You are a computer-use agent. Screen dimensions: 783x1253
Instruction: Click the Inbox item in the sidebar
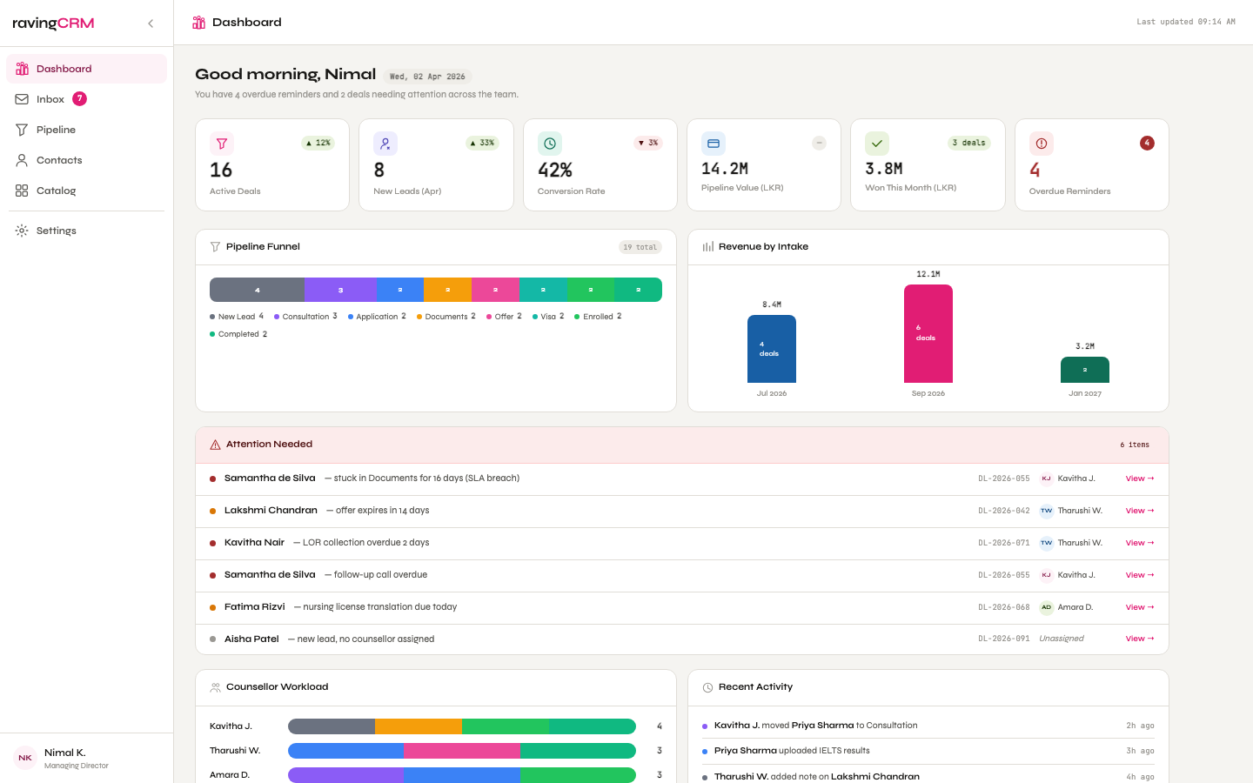pos(50,99)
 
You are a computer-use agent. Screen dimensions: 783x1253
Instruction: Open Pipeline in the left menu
pos(56,130)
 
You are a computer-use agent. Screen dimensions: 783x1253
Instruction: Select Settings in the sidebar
pos(56,231)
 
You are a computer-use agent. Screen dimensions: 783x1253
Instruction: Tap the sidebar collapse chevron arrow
pos(151,23)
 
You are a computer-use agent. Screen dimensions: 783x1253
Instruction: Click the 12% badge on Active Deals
pos(318,143)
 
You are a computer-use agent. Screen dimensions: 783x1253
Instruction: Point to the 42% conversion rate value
pos(554,170)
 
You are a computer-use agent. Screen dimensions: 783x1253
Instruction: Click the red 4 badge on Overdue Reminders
pos(1147,143)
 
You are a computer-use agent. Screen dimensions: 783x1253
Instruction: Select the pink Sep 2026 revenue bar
pos(928,334)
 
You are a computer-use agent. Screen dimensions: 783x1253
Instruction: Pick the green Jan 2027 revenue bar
pos(1084,370)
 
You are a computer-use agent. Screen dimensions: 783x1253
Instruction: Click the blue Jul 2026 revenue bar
pos(771,349)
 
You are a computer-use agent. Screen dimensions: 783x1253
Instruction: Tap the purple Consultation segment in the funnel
pos(340,290)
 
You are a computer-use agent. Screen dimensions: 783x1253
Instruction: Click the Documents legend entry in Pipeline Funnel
pos(446,317)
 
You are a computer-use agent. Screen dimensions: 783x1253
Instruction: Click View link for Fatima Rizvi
pos(1139,607)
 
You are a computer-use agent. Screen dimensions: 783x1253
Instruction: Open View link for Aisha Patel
pos(1139,639)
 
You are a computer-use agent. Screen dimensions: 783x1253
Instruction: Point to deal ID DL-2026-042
pos(1003,511)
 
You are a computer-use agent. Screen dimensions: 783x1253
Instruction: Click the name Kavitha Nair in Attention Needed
pos(254,542)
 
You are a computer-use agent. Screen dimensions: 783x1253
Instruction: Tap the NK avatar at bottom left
pos(25,758)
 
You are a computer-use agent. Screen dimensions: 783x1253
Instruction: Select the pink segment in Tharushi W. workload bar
pos(461,751)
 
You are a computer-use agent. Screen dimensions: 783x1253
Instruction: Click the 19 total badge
pos(640,247)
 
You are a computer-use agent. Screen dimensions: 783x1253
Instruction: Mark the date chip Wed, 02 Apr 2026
pos(426,77)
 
